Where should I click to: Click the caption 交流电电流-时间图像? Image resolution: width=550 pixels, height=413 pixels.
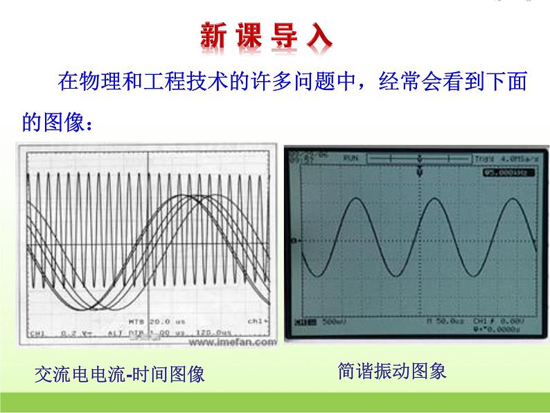[x=120, y=375]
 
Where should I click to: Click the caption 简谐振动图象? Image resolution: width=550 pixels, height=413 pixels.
[x=392, y=371]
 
